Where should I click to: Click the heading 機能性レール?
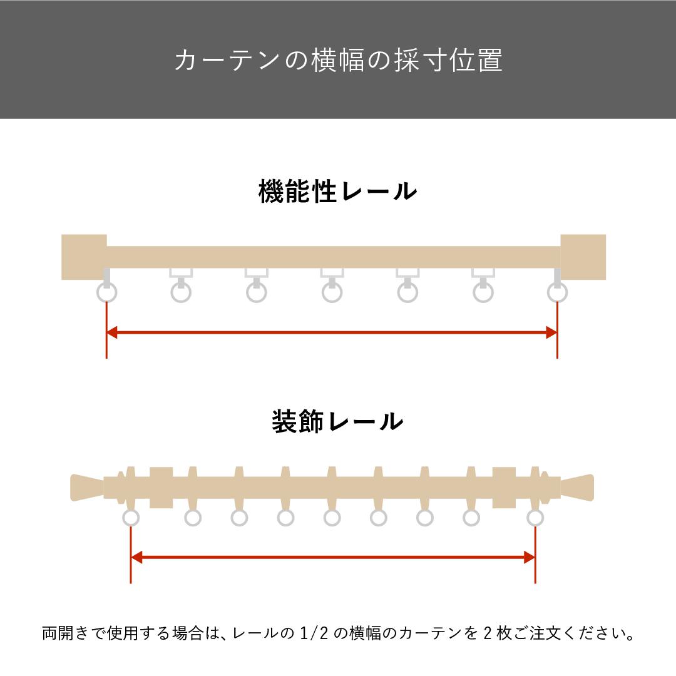coord(337,192)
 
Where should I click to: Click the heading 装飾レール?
coord(337,421)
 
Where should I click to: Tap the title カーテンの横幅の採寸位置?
coord(339,59)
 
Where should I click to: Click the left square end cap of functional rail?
coord(84,257)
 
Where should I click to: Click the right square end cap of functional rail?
coord(583,257)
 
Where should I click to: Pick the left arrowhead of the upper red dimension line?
coord(111,332)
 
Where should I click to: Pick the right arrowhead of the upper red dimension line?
coord(552,332)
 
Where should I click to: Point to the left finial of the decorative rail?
coord(87,488)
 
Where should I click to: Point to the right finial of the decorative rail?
coord(577,488)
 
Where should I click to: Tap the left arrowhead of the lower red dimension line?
coord(136,558)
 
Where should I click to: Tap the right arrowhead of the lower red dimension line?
coord(530,558)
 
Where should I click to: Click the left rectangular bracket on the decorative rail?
coord(161,488)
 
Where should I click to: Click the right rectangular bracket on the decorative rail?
coord(504,488)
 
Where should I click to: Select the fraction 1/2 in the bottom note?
coord(314,633)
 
